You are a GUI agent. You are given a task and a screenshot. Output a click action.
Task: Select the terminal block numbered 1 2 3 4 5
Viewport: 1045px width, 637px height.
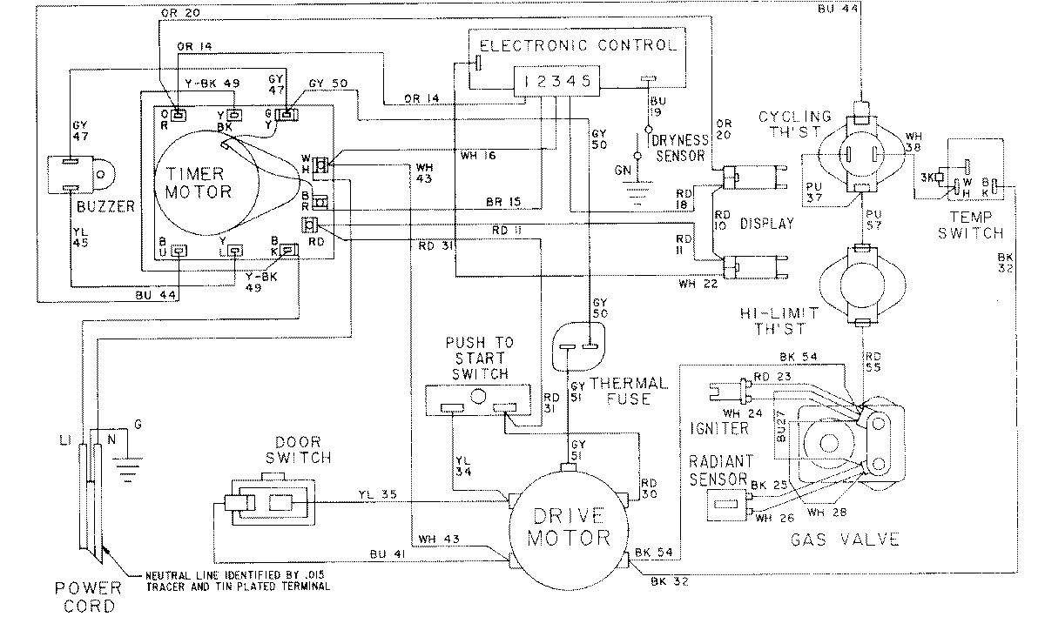[554, 81]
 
